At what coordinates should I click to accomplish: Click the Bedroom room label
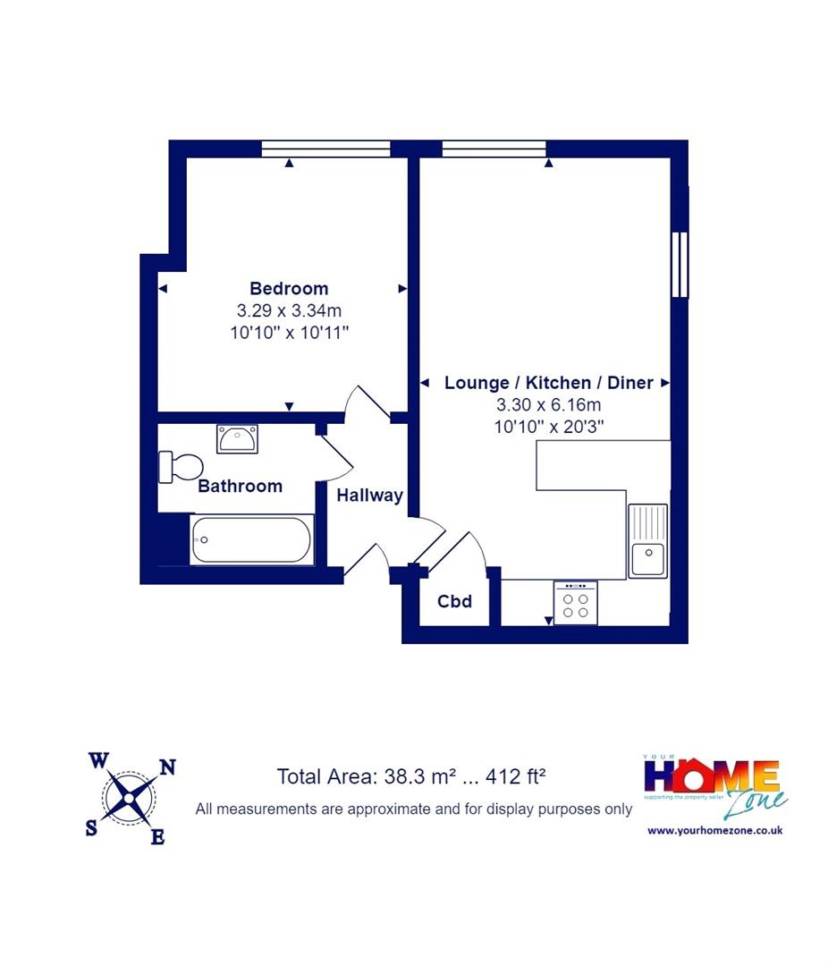pos(289,288)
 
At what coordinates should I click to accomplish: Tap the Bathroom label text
pos(241,486)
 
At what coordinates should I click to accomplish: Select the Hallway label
pos(369,496)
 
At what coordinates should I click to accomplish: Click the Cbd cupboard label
pos(454,601)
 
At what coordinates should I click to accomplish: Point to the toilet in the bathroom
pos(181,467)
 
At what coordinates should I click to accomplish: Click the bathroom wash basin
pos(237,438)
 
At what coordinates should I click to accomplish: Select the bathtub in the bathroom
pos(250,540)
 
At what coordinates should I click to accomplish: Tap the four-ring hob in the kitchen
pos(576,603)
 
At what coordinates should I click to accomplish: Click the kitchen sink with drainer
pos(648,540)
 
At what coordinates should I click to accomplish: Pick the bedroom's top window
pos(325,148)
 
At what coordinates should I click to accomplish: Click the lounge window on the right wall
pos(680,265)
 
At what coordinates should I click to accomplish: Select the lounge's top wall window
pos(494,148)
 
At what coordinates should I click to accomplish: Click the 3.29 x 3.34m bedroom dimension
pos(289,310)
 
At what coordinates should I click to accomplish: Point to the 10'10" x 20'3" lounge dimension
pos(549,427)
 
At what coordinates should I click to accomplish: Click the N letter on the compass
pos(167,767)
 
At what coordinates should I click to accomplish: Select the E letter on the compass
pos(157,836)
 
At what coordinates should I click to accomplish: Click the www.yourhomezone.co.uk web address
pos(714,830)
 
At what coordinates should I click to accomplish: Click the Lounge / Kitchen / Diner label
pos(549,383)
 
